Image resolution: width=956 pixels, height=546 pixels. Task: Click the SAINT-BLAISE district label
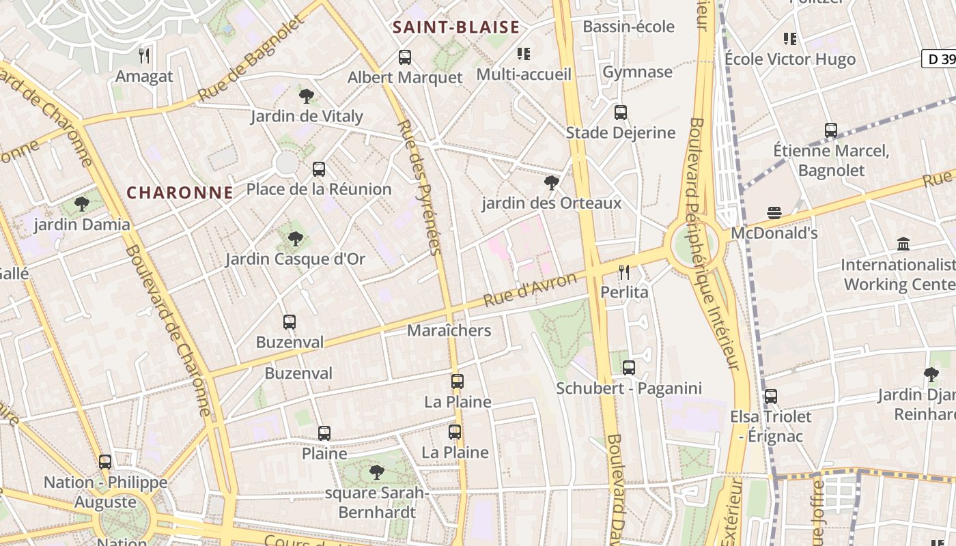click(x=455, y=27)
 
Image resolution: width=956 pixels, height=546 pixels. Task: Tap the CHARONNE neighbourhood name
click(x=180, y=192)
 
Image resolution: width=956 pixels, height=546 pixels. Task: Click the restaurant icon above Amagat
click(x=144, y=55)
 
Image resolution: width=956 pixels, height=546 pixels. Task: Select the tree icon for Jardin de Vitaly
click(x=307, y=96)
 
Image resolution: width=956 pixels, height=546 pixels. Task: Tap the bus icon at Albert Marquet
click(x=405, y=57)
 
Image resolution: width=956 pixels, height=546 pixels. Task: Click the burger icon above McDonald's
click(x=774, y=213)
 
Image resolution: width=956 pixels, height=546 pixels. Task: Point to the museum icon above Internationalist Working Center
click(x=903, y=244)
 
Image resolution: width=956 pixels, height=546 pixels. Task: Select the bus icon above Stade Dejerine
click(x=620, y=113)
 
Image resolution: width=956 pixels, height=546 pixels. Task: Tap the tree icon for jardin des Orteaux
click(x=551, y=183)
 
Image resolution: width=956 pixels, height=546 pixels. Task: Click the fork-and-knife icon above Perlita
click(x=624, y=272)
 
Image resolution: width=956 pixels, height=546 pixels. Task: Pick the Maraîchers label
click(x=449, y=330)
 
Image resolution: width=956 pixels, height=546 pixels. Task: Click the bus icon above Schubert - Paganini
click(x=629, y=368)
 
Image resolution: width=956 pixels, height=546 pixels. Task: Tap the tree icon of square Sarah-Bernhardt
click(x=376, y=472)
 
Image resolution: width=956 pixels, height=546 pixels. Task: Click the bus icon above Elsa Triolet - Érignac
click(x=771, y=397)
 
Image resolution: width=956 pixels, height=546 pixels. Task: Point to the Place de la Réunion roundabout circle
click(x=287, y=163)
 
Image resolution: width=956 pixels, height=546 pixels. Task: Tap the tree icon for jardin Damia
click(x=82, y=203)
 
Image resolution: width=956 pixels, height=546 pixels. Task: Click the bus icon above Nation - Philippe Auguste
click(x=105, y=462)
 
